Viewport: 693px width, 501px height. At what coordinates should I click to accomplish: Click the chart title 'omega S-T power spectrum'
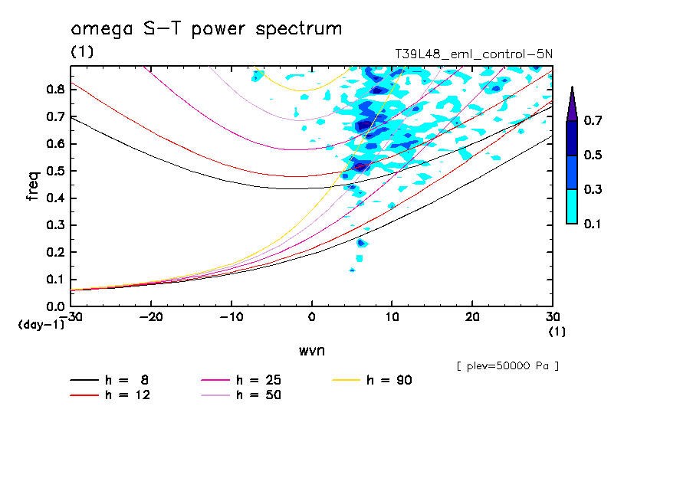(x=206, y=29)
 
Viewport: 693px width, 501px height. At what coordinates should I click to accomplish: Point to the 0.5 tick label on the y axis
(x=55, y=171)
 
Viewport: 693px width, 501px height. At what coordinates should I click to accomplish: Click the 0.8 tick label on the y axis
(x=55, y=89)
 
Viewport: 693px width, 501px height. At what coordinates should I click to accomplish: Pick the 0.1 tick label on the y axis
(x=55, y=280)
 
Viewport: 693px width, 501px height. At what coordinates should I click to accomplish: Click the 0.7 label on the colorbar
(x=593, y=121)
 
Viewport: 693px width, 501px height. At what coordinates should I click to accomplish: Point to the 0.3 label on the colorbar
(x=593, y=190)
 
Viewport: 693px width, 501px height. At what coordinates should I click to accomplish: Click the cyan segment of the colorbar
(x=572, y=206)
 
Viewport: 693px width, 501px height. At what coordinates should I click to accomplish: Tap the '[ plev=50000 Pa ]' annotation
(x=507, y=366)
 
